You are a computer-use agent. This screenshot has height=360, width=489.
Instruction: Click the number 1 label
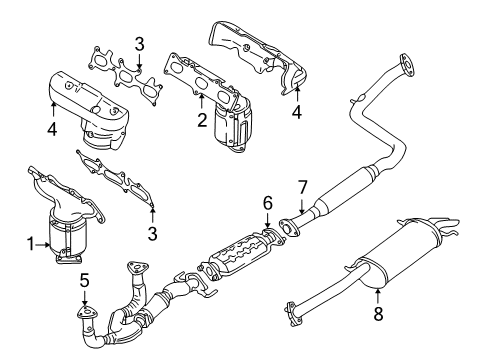(x=30, y=244)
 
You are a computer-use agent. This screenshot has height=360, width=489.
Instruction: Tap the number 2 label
(x=202, y=120)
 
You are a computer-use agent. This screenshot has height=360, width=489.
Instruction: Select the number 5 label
(x=85, y=281)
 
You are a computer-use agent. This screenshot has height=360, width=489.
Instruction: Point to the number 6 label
(x=268, y=203)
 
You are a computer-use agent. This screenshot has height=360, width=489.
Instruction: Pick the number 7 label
(x=302, y=187)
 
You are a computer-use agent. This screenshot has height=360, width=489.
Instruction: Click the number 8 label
(x=378, y=313)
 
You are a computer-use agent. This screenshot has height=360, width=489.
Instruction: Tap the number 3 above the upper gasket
(x=139, y=44)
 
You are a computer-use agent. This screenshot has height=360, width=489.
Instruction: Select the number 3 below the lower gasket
(x=152, y=234)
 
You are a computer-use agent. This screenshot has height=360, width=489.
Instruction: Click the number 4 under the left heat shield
(x=52, y=129)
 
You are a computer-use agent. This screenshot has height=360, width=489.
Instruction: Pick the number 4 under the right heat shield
(x=296, y=112)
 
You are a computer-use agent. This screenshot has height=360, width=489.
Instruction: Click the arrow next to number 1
(x=43, y=244)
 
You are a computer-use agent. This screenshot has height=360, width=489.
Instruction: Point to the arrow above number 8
(x=378, y=296)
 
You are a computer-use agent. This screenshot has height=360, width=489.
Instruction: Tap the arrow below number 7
(x=302, y=206)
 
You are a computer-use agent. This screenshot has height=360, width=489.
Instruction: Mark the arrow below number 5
(x=85, y=299)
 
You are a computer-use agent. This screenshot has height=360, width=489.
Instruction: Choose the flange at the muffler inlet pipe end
(x=293, y=313)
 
